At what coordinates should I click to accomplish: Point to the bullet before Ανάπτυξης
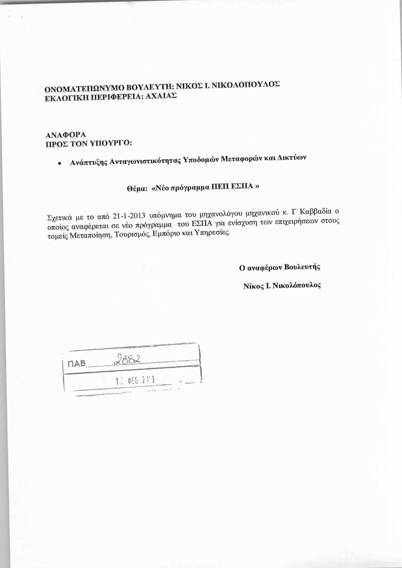[59, 164]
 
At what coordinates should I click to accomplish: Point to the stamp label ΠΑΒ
[77, 364]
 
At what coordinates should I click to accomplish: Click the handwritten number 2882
[128, 359]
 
